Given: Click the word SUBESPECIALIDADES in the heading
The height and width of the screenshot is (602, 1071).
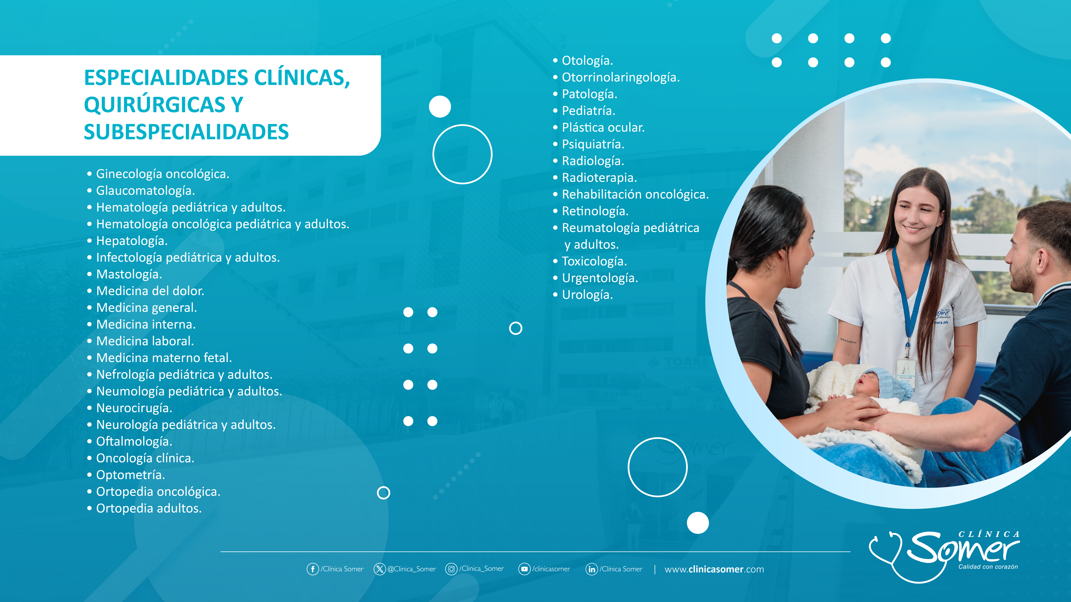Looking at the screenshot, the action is pos(186,132).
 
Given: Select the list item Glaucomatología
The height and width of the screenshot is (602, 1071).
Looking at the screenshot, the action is pos(146,191).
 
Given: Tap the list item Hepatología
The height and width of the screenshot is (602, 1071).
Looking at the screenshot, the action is pos(132,241).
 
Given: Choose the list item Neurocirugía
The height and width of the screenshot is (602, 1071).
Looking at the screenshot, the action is pos(134,408).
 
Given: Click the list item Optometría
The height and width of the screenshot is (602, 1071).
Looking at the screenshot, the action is pos(131,475).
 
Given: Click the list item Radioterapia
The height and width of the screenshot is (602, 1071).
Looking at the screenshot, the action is pos(599,178).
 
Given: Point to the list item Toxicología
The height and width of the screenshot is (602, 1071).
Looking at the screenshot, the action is pos(594,261).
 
